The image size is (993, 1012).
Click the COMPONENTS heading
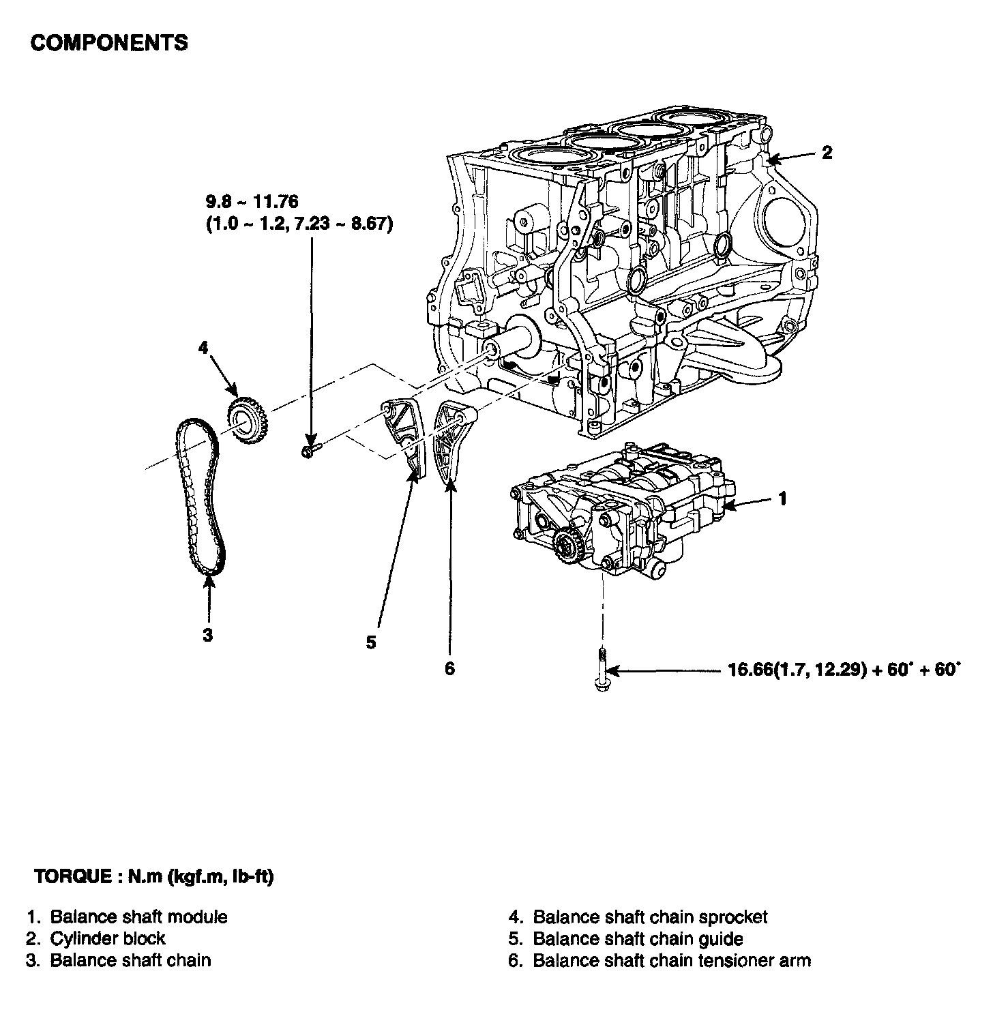point(109,42)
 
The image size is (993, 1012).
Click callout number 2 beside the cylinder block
point(827,152)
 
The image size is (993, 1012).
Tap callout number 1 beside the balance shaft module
point(783,498)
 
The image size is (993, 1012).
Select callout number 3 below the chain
point(207,635)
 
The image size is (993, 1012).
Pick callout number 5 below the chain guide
point(371,642)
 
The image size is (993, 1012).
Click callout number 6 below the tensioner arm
point(449,669)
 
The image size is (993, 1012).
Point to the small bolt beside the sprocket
point(310,449)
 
